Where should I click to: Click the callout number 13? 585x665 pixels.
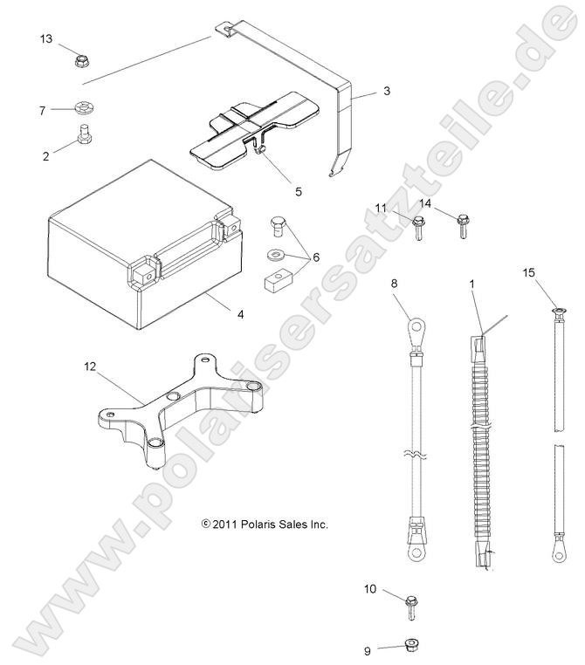[x=46, y=38]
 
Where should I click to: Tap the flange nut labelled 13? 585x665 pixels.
[x=81, y=61]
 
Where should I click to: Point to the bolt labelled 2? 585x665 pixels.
[x=85, y=136]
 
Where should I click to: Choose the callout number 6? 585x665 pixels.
[x=315, y=257]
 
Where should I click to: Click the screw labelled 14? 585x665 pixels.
[x=462, y=228]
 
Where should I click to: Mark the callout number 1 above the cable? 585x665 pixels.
[x=471, y=284]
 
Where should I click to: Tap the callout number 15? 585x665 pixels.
[x=528, y=272]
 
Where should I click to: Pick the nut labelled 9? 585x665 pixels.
[x=409, y=647]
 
